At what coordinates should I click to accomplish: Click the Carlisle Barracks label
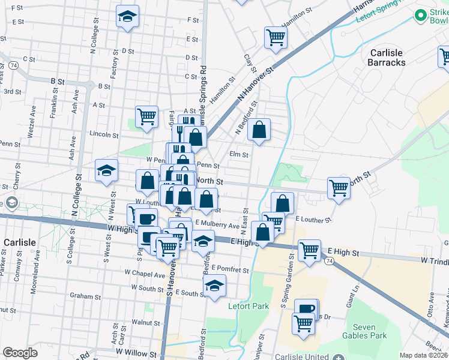[x=387, y=58]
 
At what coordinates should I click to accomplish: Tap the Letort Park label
[x=249, y=306]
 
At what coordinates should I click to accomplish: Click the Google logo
[x=20, y=353]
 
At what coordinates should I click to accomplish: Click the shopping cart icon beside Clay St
[x=276, y=37]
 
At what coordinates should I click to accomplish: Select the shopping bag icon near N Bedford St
[x=259, y=129]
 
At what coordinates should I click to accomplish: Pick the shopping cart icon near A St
[x=146, y=116]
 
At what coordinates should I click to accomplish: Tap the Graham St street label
[x=85, y=296]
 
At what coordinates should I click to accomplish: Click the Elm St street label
[x=239, y=154]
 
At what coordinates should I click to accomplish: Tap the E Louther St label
[x=313, y=220]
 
